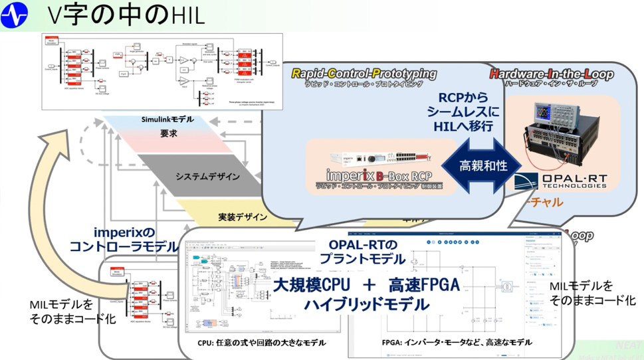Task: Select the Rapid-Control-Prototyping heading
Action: click(x=364, y=74)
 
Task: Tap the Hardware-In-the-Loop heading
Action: click(x=551, y=74)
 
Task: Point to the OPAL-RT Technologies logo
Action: click(x=563, y=181)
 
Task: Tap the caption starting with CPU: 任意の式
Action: click(x=262, y=343)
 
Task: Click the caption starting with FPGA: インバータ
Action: click(x=457, y=343)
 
